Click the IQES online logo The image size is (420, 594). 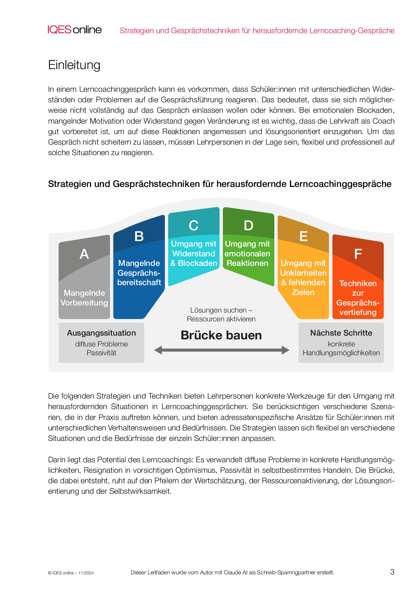click(75, 30)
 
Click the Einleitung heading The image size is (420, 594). click(74, 65)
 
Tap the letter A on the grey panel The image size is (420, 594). click(84, 254)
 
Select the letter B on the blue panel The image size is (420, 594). click(139, 236)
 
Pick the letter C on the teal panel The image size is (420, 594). click(193, 226)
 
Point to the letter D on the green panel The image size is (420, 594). click(248, 226)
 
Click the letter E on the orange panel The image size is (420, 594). click(303, 236)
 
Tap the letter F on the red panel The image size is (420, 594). click(358, 254)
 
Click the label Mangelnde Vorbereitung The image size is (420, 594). click(84, 298)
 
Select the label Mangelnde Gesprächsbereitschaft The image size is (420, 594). click(139, 273)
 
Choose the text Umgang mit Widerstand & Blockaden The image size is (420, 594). click(194, 253)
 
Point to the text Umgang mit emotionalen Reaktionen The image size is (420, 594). click(247, 253)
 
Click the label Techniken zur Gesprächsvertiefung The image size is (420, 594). click(358, 298)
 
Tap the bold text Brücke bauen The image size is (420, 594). click(221, 335)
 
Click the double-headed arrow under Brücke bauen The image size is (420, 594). click(222, 350)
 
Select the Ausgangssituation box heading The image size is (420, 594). click(101, 333)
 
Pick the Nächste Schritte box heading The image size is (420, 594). click(341, 333)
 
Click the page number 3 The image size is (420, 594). click(392, 572)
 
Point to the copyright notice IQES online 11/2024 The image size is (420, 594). click(71, 573)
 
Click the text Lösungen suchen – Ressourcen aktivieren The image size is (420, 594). click(221, 315)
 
